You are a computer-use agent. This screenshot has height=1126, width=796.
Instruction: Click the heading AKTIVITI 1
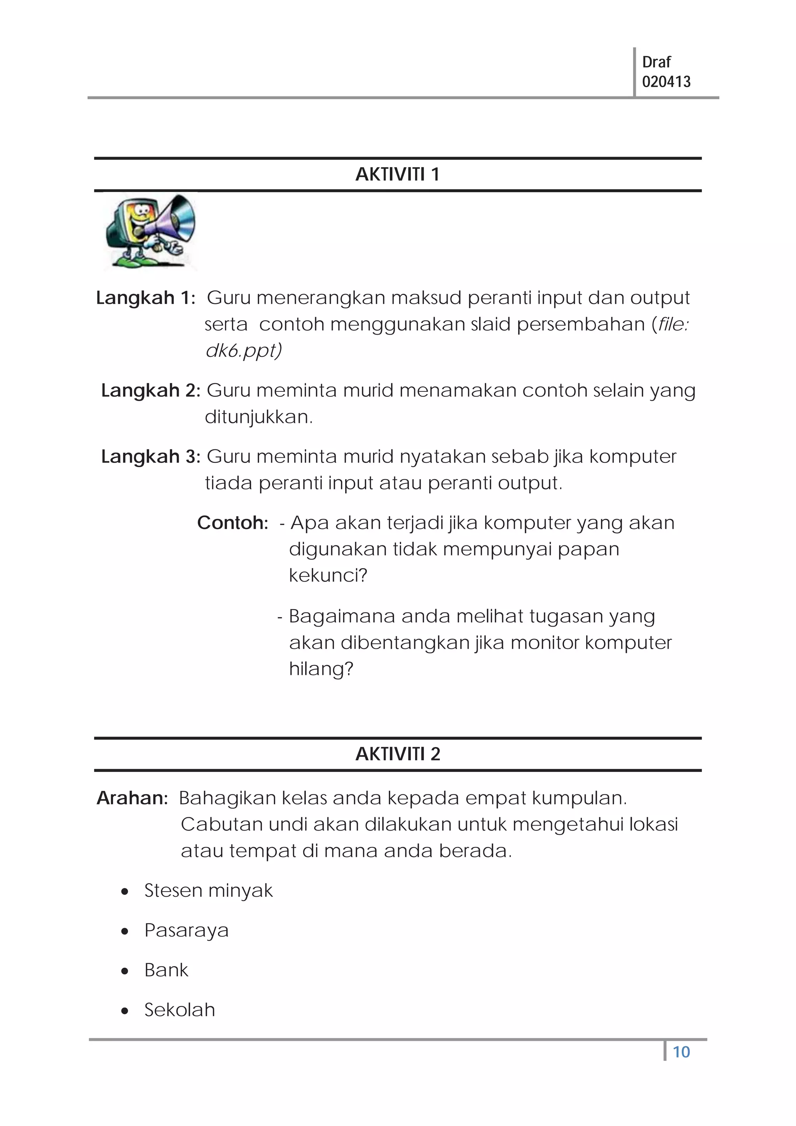(397, 175)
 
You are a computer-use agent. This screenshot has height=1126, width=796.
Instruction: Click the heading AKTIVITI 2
(397, 754)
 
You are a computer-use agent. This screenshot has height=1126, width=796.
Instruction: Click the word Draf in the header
(656, 62)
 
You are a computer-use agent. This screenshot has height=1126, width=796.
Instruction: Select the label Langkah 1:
(146, 298)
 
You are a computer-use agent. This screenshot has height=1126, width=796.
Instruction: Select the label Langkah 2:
(150, 390)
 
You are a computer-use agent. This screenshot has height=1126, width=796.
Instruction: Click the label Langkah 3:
(150, 457)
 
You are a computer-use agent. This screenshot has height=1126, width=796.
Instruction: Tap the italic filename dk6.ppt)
(243, 351)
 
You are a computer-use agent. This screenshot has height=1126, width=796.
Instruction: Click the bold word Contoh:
(232, 523)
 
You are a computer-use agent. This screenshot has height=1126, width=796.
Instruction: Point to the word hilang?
(321, 669)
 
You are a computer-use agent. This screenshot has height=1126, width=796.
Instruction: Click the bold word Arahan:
(133, 798)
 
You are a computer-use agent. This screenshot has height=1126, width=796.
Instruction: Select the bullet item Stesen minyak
(208, 890)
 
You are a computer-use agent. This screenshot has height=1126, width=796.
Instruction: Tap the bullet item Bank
(166, 970)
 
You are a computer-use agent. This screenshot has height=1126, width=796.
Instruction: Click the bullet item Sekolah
(180, 1010)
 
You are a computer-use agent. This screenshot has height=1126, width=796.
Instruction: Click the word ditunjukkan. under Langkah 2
(258, 417)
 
